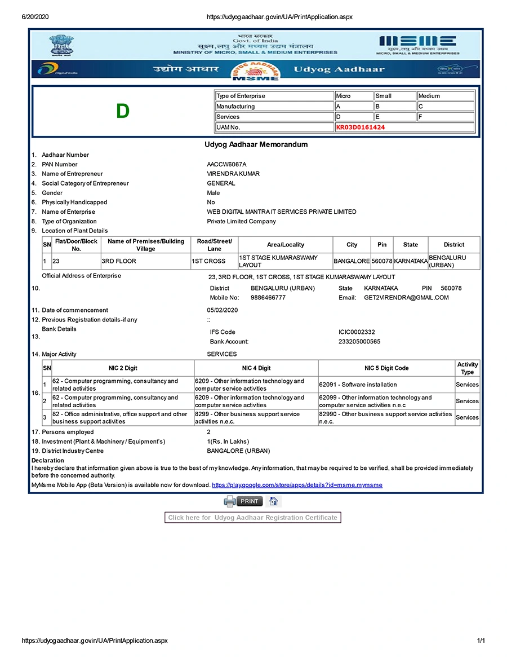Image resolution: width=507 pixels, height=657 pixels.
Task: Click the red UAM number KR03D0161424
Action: pyautogui.click(x=361, y=127)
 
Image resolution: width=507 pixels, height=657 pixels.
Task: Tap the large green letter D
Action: pyautogui.click(x=123, y=112)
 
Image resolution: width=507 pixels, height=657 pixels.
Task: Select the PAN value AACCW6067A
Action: pyautogui.click(x=226, y=164)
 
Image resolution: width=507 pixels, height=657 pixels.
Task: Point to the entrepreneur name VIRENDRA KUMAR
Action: pyautogui.click(x=233, y=174)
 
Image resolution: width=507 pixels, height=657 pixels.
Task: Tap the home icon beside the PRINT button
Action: pyautogui.click(x=273, y=501)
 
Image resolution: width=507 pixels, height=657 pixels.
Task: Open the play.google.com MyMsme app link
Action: pyautogui.click(x=297, y=485)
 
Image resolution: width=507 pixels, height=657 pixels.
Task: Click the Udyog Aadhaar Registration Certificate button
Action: pyautogui.click(x=253, y=517)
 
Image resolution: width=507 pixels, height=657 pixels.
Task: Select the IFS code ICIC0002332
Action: pyautogui.click(x=357, y=332)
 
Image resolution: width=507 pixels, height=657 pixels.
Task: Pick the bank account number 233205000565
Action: pyautogui.click(x=359, y=342)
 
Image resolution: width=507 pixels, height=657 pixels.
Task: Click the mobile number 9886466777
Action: pyautogui.click(x=268, y=297)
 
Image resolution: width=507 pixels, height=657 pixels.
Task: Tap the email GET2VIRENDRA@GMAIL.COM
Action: pyautogui.click(x=406, y=297)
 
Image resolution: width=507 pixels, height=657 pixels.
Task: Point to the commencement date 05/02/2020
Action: pyautogui.click(x=223, y=310)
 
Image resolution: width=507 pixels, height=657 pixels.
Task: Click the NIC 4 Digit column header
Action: pyautogui.click(x=256, y=368)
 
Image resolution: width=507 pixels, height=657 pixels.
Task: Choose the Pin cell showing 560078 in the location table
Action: pyautogui.click(x=382, y=261)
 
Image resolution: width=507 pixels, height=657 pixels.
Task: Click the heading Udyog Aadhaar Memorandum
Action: pyautogui.click(x=256, y=144)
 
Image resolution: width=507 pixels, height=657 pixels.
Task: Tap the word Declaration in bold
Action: pyautogui.click(x=48, y=461)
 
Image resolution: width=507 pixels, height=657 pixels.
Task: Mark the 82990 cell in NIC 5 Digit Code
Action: pyautogui.click(x=386, y=417)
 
